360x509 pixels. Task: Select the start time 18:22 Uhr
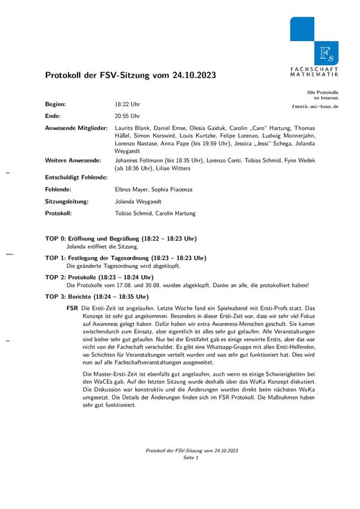[127, 105]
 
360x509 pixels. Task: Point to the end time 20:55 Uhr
[127, 115]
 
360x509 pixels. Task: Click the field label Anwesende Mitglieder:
[76, 127]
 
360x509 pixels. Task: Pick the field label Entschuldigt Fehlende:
[76, 178]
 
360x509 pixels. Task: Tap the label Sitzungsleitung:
[67, 201]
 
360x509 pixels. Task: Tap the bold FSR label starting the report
[73, 308]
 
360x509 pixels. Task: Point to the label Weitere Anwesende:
[73, 160]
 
